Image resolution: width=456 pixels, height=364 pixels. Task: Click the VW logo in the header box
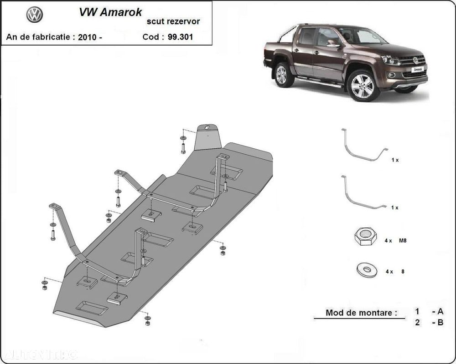tap(34, 15)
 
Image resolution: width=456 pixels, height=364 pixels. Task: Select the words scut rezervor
tap(172, 21)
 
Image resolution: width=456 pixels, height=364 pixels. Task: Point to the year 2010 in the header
tap(87, 37)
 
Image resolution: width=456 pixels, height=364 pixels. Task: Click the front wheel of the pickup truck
tap(363, 85)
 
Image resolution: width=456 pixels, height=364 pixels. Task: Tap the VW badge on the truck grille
tap(415, 60)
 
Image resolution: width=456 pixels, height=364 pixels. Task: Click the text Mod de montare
tap(361, 313)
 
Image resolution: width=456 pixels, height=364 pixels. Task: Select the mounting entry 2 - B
tap(429, 323)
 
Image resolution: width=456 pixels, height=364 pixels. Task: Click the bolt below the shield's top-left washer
tap(183, 148)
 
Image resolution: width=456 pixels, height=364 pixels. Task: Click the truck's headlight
tap(390, 60)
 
